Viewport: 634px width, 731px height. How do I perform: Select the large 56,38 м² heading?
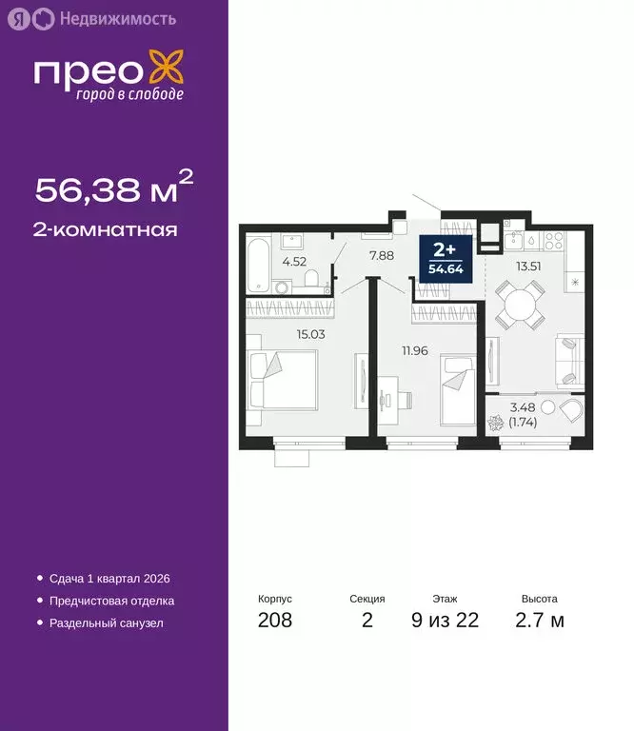point(114,188)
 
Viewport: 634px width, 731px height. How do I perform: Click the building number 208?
point(275,622)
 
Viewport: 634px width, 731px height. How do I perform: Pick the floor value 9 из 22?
point(445,622)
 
